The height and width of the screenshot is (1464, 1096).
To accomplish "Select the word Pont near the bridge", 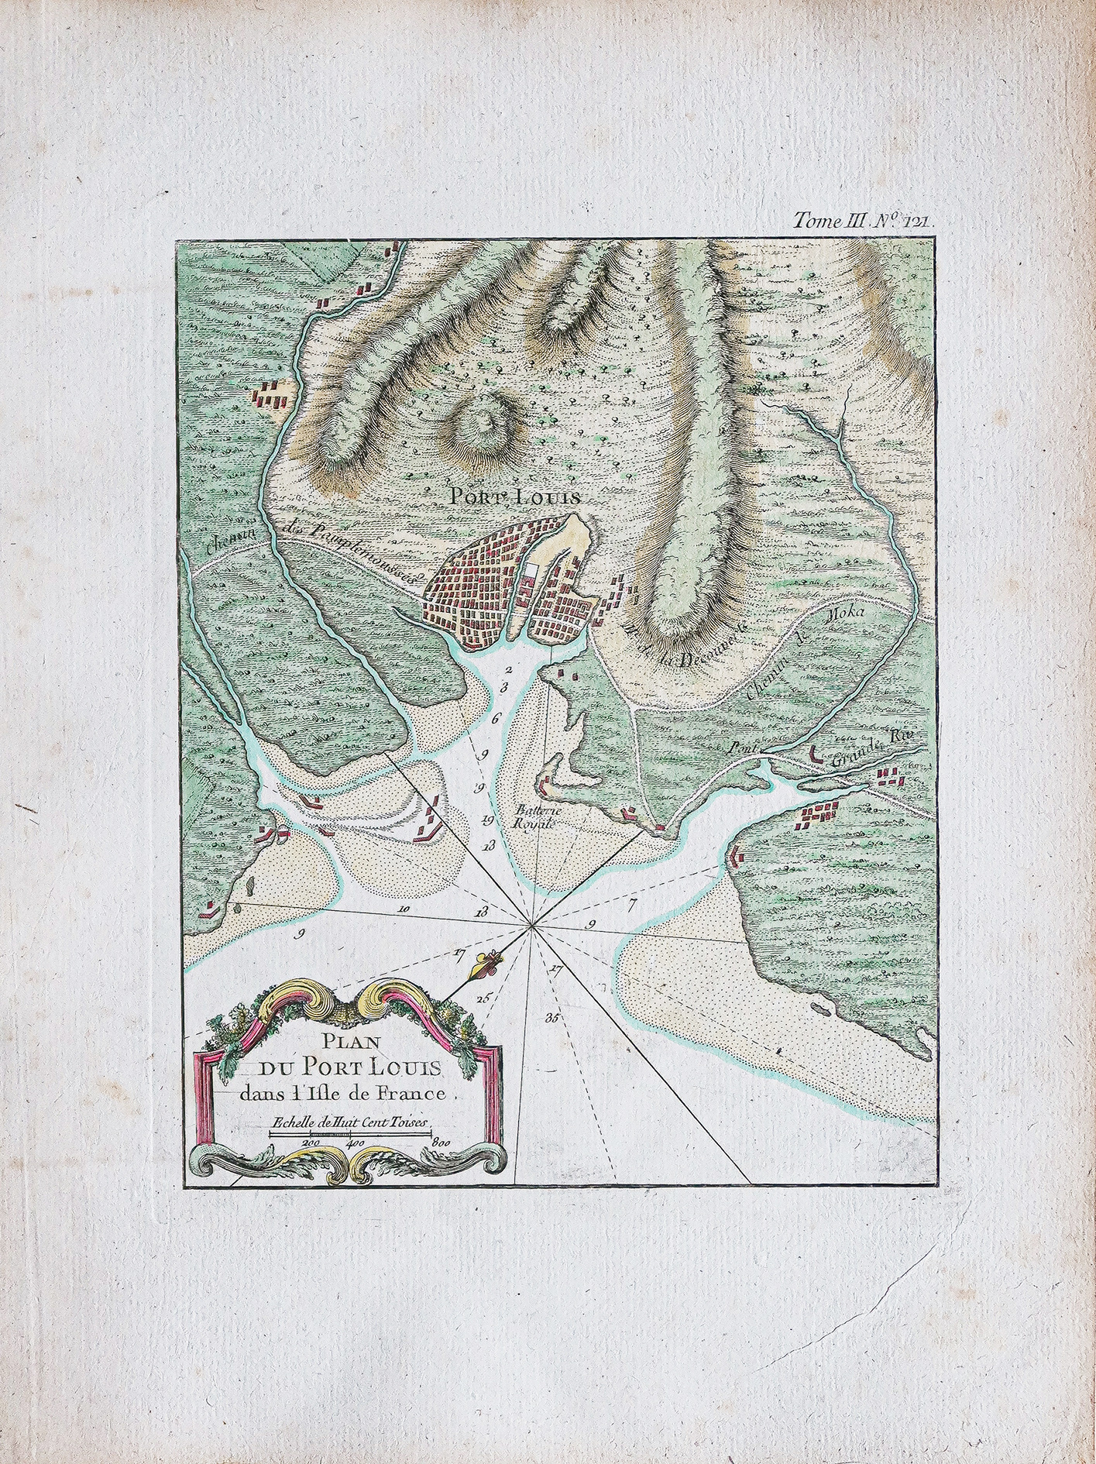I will coord(742,749).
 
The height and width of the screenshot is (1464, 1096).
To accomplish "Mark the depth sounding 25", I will coord(483,998).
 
